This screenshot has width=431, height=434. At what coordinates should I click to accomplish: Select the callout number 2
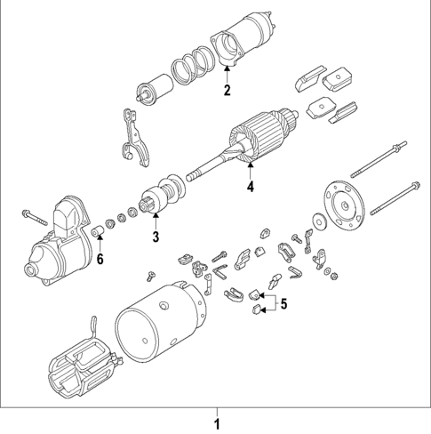[227, 91]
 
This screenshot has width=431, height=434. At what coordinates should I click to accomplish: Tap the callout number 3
[155, 237]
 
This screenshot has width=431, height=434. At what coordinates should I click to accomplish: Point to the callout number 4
[251, 187]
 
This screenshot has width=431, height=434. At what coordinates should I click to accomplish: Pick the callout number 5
[284, 303]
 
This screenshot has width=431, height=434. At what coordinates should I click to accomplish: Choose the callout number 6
[100, 259]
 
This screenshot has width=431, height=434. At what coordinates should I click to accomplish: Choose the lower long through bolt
[391, 197]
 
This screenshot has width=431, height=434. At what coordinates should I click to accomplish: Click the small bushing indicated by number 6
[100, 234]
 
